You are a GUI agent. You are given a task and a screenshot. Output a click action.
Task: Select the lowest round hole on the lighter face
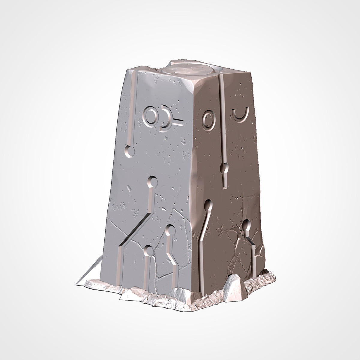148,250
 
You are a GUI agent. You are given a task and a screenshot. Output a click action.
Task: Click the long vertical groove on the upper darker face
222,117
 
